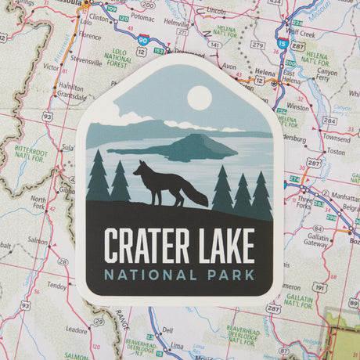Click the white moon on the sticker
click(x=200, y=98)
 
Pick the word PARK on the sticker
click(x=230, y=275)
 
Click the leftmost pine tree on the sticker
click(x=99, y=178)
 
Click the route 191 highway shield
click(x=319, y=287)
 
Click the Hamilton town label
click(x=70, y=87)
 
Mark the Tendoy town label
click(x=56, y=286)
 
